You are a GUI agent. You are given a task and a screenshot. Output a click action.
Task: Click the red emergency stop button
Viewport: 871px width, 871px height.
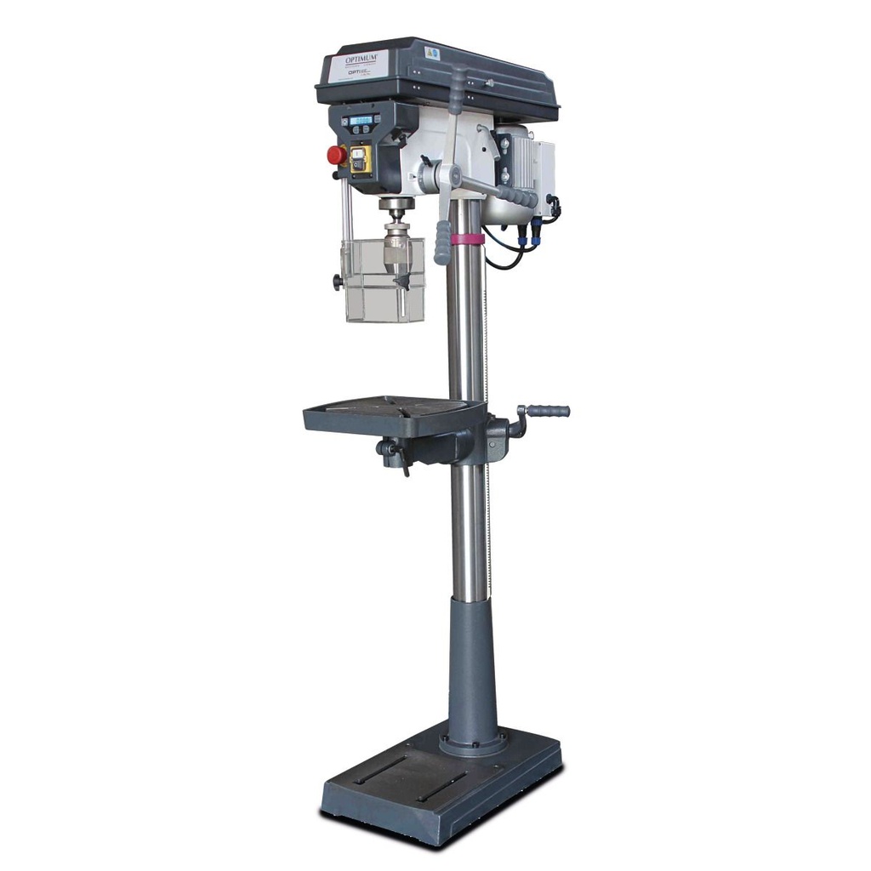(x=337, y=155)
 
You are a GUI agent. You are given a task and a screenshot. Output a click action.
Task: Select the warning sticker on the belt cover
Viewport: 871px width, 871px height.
(x=431, y=53)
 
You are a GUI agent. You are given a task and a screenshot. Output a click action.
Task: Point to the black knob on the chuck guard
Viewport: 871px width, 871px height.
(x=338, y=282)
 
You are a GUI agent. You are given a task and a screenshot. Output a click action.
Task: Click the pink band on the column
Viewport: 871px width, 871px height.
(x=467, y=239)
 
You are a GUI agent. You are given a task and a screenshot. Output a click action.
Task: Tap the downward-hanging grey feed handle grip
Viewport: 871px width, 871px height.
(x=442, y=242)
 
